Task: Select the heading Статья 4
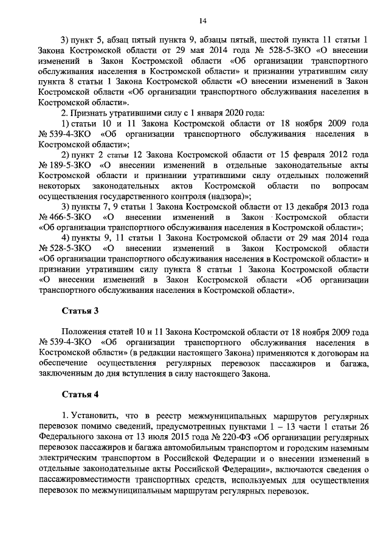80,394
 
